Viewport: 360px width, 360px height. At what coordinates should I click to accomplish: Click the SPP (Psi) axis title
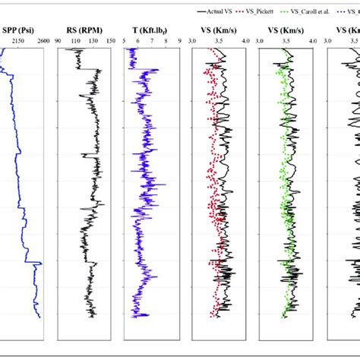point(22,30)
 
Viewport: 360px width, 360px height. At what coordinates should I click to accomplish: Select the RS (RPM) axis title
point(87,30)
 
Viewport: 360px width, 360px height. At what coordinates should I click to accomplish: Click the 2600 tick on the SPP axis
point(39,43)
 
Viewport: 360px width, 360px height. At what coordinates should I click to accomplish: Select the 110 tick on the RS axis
point(77,43)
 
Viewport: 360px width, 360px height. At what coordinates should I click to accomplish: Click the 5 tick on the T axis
point(125,43)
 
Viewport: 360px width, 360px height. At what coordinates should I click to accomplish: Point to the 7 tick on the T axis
point(154,43)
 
